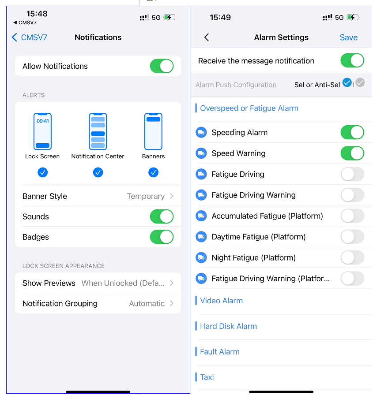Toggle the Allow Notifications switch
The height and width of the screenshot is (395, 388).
[x=162, y=66]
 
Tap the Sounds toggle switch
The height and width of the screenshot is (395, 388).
[x=162, y=216]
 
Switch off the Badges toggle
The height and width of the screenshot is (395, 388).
[x=162, y=237]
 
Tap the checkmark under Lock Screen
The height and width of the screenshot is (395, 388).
[x=43, y=172]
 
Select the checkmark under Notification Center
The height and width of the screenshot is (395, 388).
[x=98, y=172]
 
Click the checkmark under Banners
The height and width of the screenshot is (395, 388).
[x=153, y=172]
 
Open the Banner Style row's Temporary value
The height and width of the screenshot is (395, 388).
[x=146, y=196]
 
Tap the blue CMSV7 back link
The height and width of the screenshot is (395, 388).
[x=30, y=37]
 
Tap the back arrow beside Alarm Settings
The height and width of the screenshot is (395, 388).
[x=207, y=37]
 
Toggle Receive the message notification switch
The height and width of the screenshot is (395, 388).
[x=352, y=60]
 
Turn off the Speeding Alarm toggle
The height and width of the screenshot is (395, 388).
[x=352, y=132]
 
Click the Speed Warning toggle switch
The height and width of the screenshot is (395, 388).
[x=352, y=153]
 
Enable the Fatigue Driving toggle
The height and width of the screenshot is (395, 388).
[x=352, y=174]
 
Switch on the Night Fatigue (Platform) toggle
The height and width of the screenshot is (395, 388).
[x=352, y=258]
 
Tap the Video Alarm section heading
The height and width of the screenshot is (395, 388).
[x=221, y=301]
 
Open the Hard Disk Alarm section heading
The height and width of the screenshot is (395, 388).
[x=228, y=326]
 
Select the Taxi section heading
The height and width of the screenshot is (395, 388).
[x=207, y=377]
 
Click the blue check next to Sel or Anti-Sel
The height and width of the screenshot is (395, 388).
[x=347, y=82]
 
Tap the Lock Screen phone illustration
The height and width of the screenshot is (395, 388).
[x=43, y=131]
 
